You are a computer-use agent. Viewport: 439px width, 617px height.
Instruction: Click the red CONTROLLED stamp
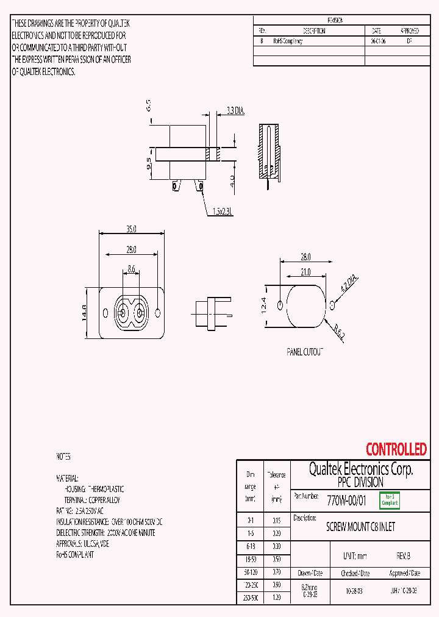click(396, 450)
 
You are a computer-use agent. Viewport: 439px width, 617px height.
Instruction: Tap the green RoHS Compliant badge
click(390, 501)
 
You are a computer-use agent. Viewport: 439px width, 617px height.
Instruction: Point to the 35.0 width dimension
click(131, 229)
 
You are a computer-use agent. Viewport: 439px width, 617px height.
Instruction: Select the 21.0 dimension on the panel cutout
click(305, 273)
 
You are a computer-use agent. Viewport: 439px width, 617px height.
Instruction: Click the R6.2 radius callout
click(339, 333)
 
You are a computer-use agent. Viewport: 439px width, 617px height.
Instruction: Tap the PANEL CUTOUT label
click(305, 352)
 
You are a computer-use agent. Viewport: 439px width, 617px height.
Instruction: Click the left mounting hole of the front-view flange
click(105, 313)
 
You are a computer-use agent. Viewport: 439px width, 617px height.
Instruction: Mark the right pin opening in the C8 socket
click(140, 314)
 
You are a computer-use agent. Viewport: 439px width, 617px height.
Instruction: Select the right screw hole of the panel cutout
click(332, 304)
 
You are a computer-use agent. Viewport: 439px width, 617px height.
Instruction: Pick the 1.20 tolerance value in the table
click(277, 598)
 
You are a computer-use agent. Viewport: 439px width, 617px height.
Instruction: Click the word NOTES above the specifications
click(63, 457)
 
